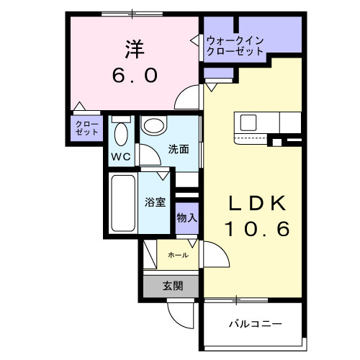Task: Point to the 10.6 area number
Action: (256, 230)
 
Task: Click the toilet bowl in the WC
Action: (120, 135)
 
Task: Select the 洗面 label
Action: (179, 150)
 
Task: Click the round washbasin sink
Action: (153, 126)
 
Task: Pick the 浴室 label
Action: (155, 202)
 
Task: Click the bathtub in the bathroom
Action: (123, 204)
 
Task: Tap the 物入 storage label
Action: (186, 217)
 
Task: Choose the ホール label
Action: (178, 256)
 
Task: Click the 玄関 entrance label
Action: (172, 286)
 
